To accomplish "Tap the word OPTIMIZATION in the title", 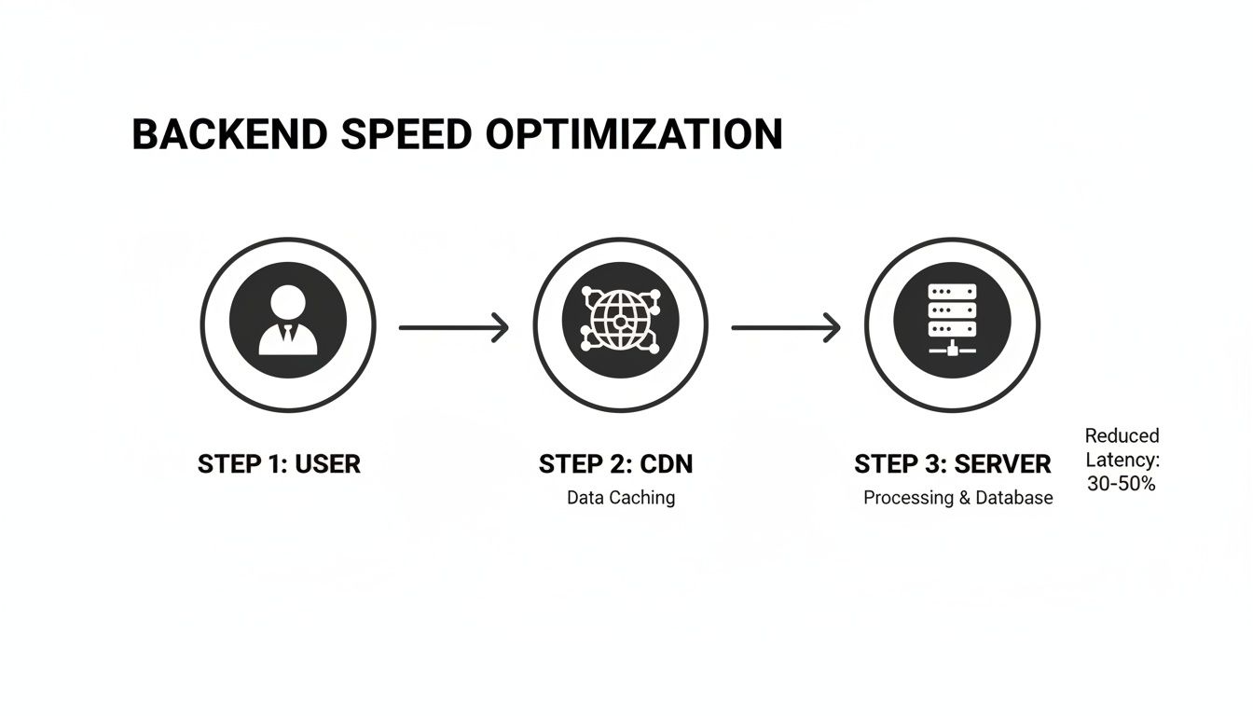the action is coord(633,135).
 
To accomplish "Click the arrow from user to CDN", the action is coord(453,327).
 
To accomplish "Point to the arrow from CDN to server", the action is coord(786,327).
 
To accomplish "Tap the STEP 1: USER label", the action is coord(279,464).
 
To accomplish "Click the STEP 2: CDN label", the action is coord(616,464).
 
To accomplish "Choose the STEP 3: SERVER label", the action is coord(952,464).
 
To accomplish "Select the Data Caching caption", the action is coord(621,498).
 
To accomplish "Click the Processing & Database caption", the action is coord(957,498).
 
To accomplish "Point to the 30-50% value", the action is coord(1122,485).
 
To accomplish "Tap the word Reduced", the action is coord(1122,435).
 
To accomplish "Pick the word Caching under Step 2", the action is coord(643,498).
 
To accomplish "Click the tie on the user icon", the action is coord(288,333).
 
